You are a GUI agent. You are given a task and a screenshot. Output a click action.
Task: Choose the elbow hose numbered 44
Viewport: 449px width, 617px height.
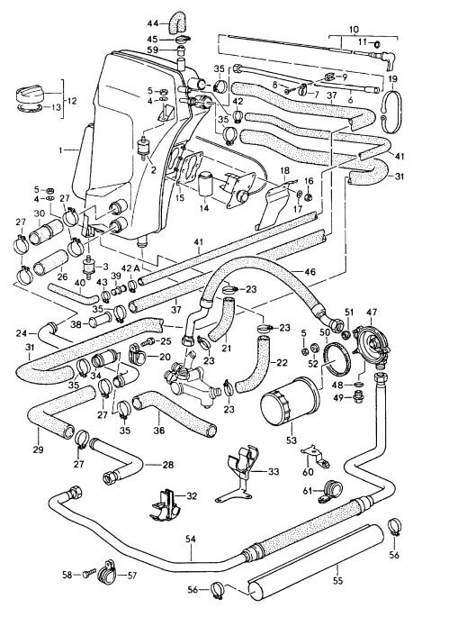[181, 18]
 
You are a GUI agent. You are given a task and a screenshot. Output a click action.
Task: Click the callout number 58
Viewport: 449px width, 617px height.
[67, 573]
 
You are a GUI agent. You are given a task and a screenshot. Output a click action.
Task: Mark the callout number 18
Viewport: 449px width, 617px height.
[283, 169]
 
